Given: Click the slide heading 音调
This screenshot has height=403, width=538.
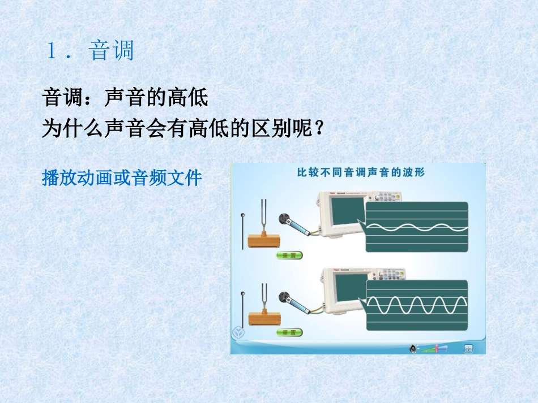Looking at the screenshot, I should click(111, 51).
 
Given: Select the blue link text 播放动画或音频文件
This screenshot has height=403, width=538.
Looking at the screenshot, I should click(122, 179).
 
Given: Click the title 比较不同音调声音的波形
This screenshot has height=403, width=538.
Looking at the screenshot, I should click(361, 173).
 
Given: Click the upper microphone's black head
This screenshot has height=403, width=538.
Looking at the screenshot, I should click(285, 220).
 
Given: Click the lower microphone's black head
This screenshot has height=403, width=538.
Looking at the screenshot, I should click(285, 297).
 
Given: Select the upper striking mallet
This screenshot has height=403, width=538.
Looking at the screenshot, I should click(244, 232).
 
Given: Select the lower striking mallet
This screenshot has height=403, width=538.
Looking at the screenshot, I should click(244, 309).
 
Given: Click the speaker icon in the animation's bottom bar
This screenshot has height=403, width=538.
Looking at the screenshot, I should click(413, 349).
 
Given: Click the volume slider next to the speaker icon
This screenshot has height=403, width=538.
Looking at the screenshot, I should click(437, 349).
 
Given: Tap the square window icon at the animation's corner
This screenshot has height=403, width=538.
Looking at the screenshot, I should click(468, 349).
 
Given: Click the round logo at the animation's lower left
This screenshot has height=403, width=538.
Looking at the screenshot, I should click(238, 332).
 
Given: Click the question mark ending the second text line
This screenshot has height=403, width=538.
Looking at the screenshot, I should click(320, 129).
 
